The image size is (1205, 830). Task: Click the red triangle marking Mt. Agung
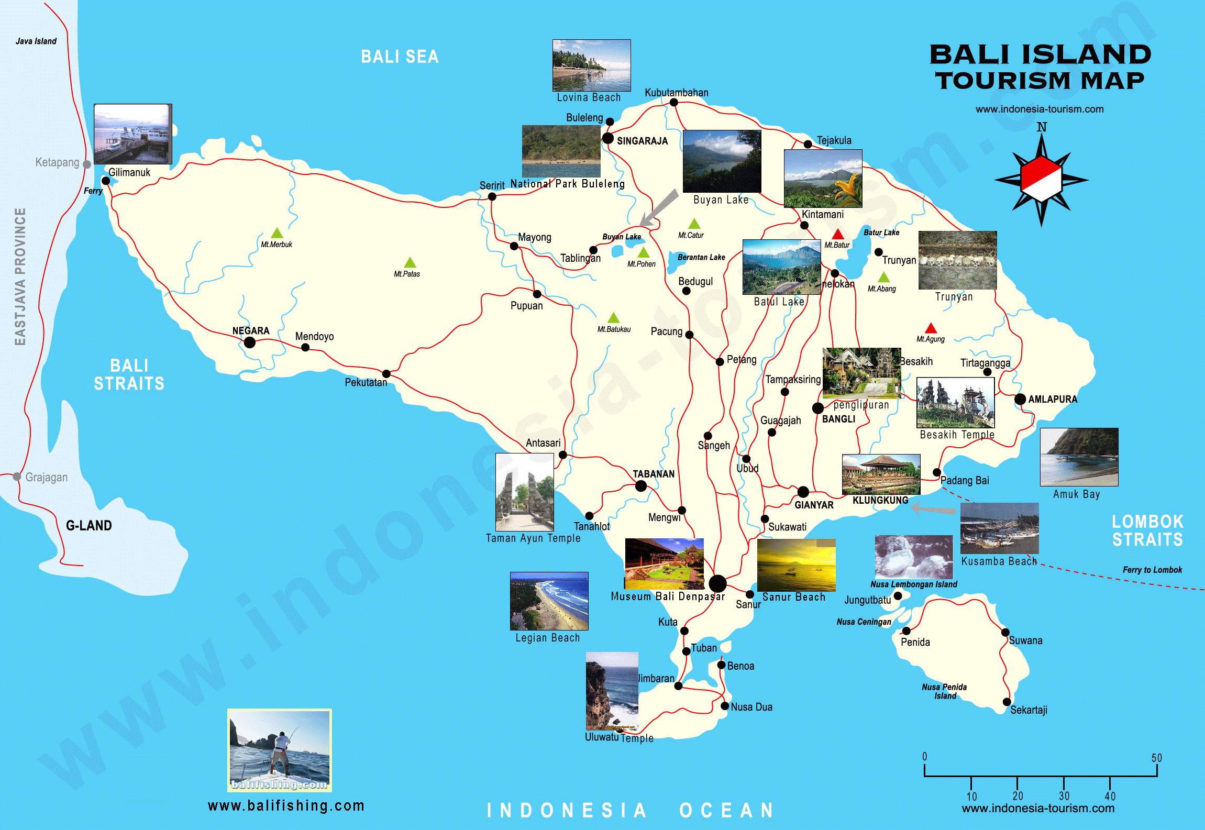click(931, 329)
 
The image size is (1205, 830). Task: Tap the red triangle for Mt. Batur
click(838, 235)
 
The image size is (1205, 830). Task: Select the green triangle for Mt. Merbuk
click(277, 234)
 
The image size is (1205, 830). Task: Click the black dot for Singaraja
click(607, 138)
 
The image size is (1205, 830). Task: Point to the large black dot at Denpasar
click(717, 583)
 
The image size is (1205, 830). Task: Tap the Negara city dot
click(250, 342)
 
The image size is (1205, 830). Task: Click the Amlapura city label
click(1053, 399)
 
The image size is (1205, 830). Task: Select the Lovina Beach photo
click(591, 65)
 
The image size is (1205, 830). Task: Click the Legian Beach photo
click(549, 601)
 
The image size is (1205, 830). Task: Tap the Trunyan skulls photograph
click(957, 260)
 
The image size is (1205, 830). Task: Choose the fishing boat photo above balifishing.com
click(280, 750)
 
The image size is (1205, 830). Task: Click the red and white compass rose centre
click(1041, 180)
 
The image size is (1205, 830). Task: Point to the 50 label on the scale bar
click(1156, 758)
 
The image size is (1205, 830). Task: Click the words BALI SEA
click(400, 57)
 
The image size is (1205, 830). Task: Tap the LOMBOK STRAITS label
click(1147, 530)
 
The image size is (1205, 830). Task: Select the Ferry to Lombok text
click(1152, 570)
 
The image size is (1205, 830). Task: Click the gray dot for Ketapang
click(87, 164)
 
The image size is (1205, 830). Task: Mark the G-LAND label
click(89, 525)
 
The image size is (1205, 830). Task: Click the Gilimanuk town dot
click(106, 181)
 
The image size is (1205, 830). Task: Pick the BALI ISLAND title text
click(1040, 55)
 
